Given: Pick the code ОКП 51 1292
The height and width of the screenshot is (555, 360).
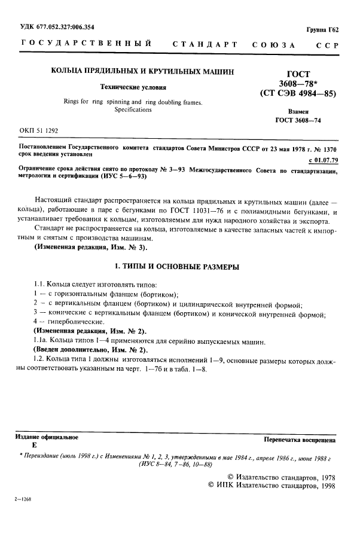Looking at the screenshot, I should [x=39, y=130].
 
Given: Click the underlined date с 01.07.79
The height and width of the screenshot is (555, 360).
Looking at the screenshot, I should [x=324, y=160].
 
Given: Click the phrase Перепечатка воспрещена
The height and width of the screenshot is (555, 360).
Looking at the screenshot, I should [x=299, y=440].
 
